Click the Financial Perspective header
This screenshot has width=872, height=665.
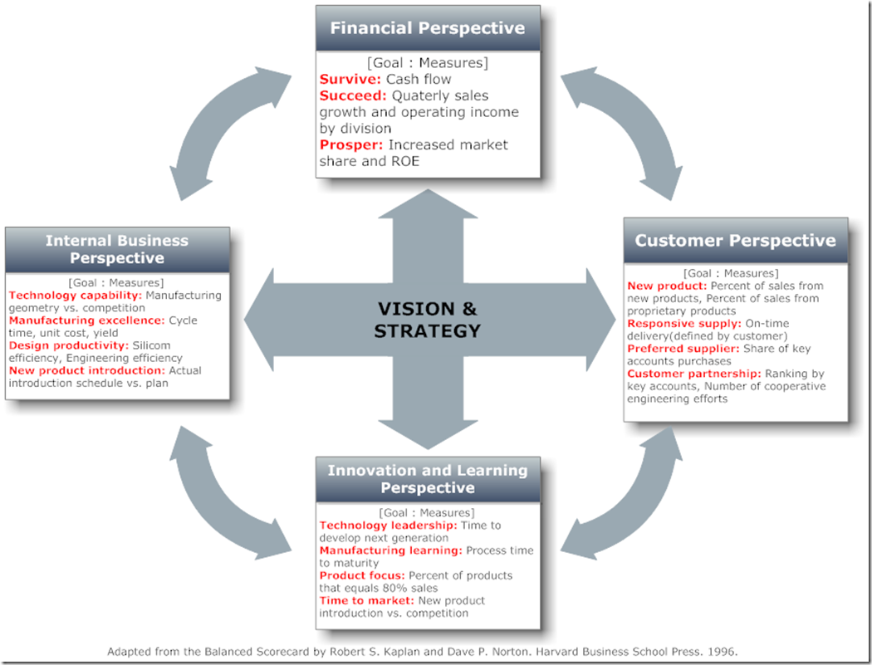[x=428, y=28]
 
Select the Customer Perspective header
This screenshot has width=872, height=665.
[x=735, y=241]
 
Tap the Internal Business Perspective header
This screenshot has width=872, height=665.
[x=116, y=249]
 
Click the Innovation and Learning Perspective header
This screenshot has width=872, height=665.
[x=428, y=479]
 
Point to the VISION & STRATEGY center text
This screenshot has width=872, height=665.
[x=428, y=320]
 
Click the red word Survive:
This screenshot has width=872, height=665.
[x=350, y=80]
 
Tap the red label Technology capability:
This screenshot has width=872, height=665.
[x=76, y=296]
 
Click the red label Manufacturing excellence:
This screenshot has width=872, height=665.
[x=86, y=320]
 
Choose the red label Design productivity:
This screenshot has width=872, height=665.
[x=69, y=345]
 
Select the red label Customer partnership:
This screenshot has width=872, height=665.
[x=693, y=374]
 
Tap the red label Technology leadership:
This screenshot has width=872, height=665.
[x=388, y=526]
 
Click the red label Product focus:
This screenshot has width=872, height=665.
[x=362, y=575]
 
